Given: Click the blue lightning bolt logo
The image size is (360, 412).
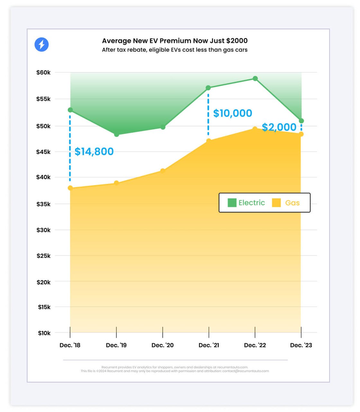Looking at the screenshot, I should (x=41, y=44).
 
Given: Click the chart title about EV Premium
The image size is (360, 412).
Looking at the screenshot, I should (x=175, y=41).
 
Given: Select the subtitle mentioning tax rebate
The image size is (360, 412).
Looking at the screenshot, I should (x=175, y=50).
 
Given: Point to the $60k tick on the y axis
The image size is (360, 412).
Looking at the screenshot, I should (x=43, y=73).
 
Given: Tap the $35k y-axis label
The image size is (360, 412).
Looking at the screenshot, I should (x=43, y=204).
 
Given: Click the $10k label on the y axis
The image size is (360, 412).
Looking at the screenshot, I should (x=44, y=333).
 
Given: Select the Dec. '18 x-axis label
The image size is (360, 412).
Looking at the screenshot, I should (x=70, y=345).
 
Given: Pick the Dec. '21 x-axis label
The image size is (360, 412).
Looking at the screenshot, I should (x=209, y=345).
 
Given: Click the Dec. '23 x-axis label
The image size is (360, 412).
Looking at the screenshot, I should (x=301, y=345).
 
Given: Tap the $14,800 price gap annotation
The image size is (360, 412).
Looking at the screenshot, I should (x=94, y=151).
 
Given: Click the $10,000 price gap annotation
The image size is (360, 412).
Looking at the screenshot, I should (x=233, y=113).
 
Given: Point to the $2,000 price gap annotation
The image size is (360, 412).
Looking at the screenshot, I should (x=279, y=127).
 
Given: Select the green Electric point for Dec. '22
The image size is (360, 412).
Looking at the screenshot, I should (x=255, y=78).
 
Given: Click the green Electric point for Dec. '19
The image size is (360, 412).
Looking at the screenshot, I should (x=116, y=134).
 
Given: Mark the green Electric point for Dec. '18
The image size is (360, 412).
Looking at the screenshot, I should (x=70, y=110).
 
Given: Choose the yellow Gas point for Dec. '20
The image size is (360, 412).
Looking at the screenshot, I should (x=163, y=171).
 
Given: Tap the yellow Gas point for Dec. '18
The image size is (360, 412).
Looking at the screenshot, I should (x=70, y=188).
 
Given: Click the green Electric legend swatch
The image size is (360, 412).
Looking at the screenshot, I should (x=232, y=203).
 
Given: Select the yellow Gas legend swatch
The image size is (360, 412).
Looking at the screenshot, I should (x=276, y=203).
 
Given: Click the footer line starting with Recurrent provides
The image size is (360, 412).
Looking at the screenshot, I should (x=175, y=367).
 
